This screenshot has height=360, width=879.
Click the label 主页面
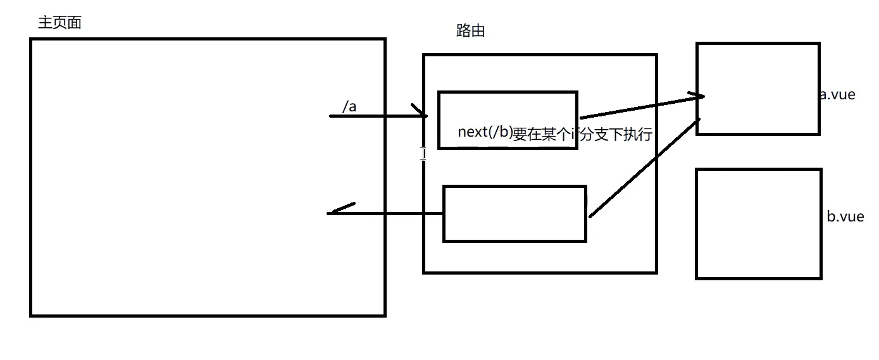[x=60, y=23]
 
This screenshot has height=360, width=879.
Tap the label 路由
[x=470, y=31]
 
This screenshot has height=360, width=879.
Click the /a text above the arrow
[x=349, y=107]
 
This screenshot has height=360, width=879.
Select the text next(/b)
[x=485, y=133]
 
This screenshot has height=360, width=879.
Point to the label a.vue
[x=837, y=95]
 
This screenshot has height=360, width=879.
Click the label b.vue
[x=845, y=216]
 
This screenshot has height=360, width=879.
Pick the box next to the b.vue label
[x=758, y=223]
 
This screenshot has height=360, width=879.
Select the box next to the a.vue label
[x=757, y=89]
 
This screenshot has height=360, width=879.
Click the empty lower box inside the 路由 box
[x=514, y=214]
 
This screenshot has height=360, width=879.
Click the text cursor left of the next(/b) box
[x=423, y=153]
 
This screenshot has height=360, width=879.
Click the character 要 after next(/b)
[x=520, y=134]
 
